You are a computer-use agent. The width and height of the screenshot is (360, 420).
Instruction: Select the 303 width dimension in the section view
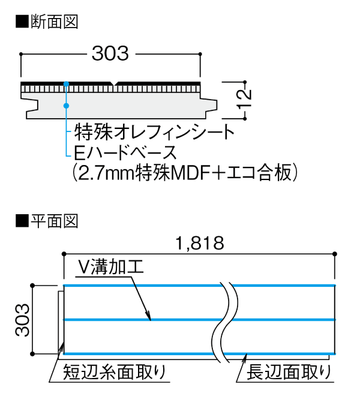pos(110,54)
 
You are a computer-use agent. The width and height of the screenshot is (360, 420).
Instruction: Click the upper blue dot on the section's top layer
pos(67,83)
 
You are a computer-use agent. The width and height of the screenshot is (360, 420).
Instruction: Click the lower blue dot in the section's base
pos(67,106)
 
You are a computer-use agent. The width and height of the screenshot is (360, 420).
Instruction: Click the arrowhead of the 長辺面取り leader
pos(245,356)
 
